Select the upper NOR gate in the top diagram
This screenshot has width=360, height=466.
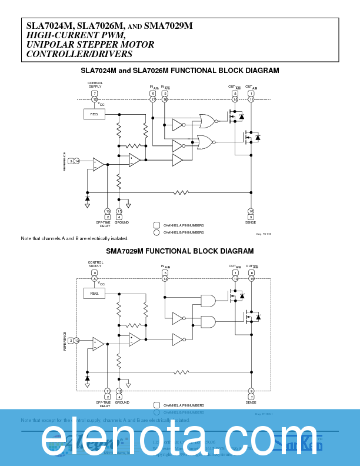coord(206,121)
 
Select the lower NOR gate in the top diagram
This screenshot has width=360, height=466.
coord(205,142)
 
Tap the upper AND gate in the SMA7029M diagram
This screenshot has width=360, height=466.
coord(208,301)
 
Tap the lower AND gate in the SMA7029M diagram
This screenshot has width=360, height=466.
coord(208,321)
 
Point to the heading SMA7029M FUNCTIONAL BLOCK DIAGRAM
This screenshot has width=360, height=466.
coord(179,251)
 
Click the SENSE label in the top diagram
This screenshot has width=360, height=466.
coord(251,222)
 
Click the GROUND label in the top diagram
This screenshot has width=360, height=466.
coord(121,222)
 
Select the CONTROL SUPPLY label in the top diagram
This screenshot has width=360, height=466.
coord(95,85)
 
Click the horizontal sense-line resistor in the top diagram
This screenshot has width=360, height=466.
coord(181,192)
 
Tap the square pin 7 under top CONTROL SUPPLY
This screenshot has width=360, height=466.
coord(94,94)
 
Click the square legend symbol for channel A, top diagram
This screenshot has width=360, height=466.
coord(156,225)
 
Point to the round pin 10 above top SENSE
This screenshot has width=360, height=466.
coord(251,211)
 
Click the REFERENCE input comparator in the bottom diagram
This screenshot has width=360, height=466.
coord(98,344)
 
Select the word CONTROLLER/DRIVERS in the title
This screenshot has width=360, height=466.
coord(79,54)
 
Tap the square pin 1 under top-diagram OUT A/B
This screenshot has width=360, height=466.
coord(251,94)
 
